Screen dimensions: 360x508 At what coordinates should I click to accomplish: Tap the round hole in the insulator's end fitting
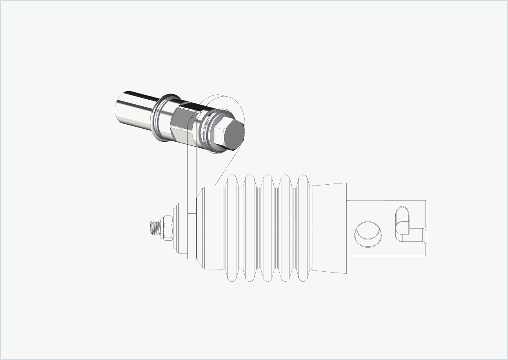[369, 234]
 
